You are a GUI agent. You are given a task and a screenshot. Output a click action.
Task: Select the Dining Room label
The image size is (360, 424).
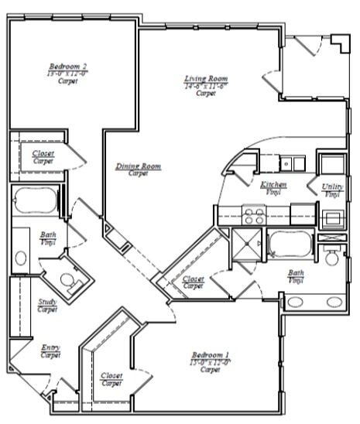click(138, 166)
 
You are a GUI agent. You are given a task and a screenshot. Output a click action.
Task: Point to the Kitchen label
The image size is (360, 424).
click(273, 185)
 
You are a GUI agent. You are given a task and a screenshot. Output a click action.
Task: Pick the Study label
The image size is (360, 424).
click(47, 303)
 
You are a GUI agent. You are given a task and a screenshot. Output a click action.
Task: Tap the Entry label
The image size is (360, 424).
click(50, 348)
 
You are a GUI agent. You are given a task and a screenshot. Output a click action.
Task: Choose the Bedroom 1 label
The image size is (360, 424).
click(205, 357)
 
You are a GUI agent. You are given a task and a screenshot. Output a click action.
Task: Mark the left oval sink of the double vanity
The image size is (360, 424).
click(297, 301)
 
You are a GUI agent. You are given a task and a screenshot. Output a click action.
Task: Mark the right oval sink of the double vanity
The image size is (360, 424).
click(333, 301)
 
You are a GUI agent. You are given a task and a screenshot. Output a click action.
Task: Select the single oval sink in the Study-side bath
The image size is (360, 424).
click(21, 258)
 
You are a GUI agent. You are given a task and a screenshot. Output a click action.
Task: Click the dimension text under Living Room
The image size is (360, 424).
click(204, 87)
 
